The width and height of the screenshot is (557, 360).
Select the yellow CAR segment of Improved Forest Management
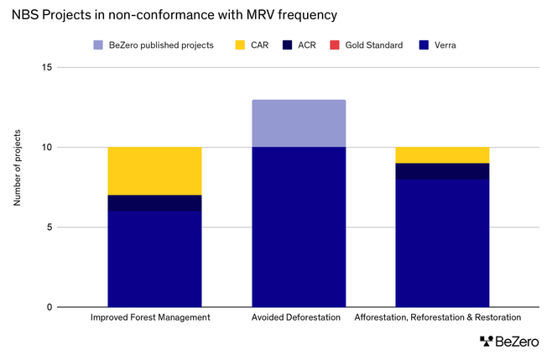(154, 171)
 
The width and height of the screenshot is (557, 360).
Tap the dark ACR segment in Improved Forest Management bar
(154, 203)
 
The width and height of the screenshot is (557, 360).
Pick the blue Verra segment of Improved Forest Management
(154, 258)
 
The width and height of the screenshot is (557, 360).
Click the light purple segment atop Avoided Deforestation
(299, 123)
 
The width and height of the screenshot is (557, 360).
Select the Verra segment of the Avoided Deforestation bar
(299, 227)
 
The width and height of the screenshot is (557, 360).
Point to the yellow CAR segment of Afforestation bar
(442, 155)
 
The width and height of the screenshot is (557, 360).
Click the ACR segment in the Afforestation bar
(442, 171)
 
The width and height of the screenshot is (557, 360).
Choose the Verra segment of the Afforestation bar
(442, 243)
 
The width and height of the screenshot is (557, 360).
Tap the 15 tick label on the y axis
(47, 68)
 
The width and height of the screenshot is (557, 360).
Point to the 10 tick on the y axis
(47, 148)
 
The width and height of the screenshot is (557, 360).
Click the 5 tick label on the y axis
(49, 227)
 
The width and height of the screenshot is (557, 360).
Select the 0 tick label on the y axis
(49, 307)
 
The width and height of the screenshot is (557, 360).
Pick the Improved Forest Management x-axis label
(150, 318)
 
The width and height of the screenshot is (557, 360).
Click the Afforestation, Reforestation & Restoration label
(438, 318)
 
